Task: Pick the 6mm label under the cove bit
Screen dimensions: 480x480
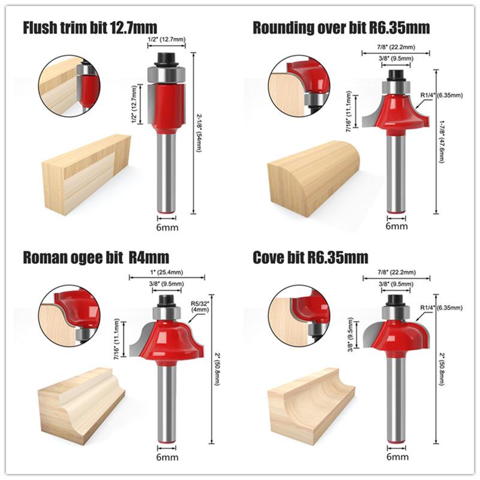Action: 397,457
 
